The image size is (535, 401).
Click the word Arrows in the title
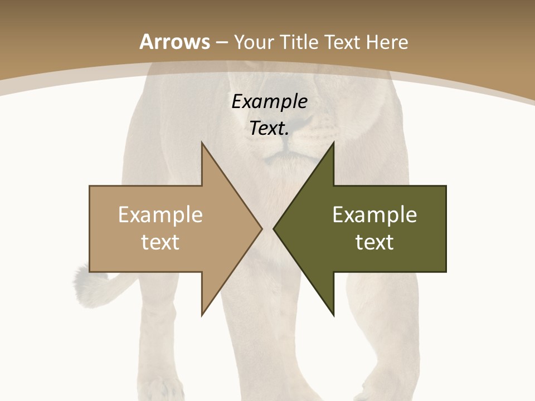point(174,42)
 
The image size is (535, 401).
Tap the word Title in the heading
point(302,42)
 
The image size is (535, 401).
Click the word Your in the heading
point(254,42)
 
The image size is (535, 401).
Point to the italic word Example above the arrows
point(269,101)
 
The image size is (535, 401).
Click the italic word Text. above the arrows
point(269,128)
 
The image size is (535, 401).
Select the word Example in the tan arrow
point(160,214)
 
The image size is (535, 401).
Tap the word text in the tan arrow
point(160,242)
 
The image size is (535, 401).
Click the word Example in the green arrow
point(374,214)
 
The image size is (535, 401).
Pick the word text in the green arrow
point(374,242)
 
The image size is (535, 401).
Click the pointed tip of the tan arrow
point(261,228)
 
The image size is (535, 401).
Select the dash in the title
point(221,42)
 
